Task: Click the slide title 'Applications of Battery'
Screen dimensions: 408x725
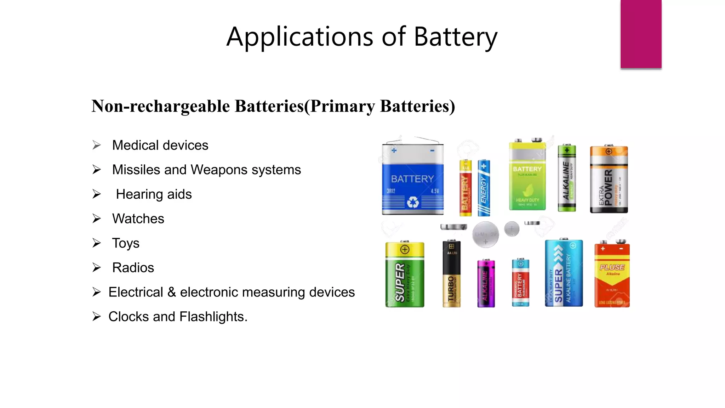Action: pyautogui.click(x=362, y=37)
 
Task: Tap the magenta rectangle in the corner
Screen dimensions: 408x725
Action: pyautogui.click(x=641, y=34)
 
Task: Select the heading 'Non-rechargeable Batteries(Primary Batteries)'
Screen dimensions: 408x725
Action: pyautogui.click(x=273, y=106)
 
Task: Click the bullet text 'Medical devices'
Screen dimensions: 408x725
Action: pyautogui.click(x=160, y=145)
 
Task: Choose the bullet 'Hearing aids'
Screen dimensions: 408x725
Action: pyautogui.click(x=154, y=194)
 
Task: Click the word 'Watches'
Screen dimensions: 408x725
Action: pyautogui.click(x=138, y=219)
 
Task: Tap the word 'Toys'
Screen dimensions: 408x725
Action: pyautogui.click(x=126, y=243)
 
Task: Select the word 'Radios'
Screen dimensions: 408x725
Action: pyautogui.click(x=133, y=268)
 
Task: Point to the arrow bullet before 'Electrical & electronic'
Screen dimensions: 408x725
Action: pyautogui.click(x=97, y=292)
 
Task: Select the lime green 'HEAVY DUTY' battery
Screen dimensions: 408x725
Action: pyautogui.click(x=527, y=175)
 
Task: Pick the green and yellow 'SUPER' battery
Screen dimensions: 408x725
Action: pyautogui.click(x=405, y=274)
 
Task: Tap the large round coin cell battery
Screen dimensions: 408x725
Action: pyautogui.click(x=485, y=234)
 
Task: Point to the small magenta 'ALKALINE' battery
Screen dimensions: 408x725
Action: pyautogui.click(x=486, y=283)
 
